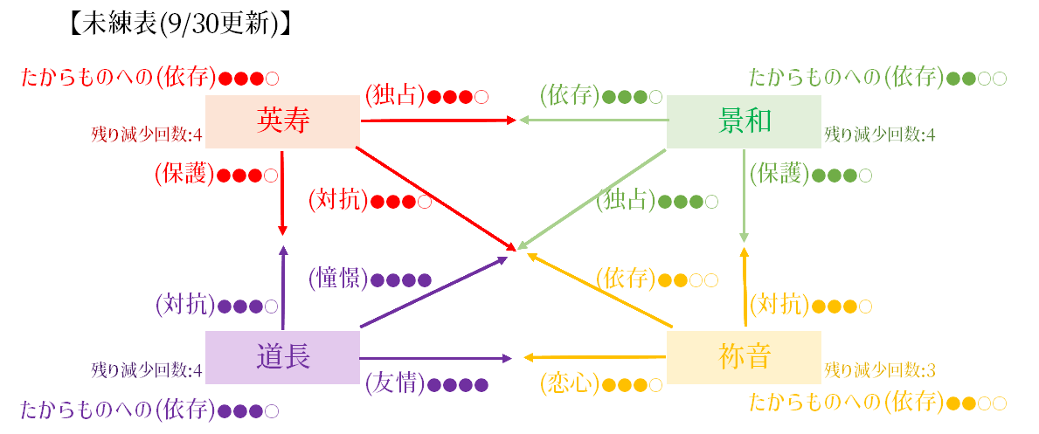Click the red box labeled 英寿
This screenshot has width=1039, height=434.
click(282, 121)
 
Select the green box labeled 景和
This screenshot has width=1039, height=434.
click(745, 121)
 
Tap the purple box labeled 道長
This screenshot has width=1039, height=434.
click(282, 357)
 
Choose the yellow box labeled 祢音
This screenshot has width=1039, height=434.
click(745, 357)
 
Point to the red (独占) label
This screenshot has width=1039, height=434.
click(396, 97)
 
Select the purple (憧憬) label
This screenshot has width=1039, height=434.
click(339, 279)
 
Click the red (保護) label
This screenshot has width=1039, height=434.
click(186, 175)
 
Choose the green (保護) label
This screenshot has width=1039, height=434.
click(780, 175)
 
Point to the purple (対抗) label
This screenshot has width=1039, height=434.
click(186, 307)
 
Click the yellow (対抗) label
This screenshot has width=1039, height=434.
click(780, 307)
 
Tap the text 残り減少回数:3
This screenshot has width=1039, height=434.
click(880, 369)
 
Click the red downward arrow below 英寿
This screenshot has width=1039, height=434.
click(283, 193)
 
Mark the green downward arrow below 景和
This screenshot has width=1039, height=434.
click(745, 196)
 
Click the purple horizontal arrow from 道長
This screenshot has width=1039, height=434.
click(436, 358)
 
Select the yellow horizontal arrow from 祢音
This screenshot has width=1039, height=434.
click(594, 358)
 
